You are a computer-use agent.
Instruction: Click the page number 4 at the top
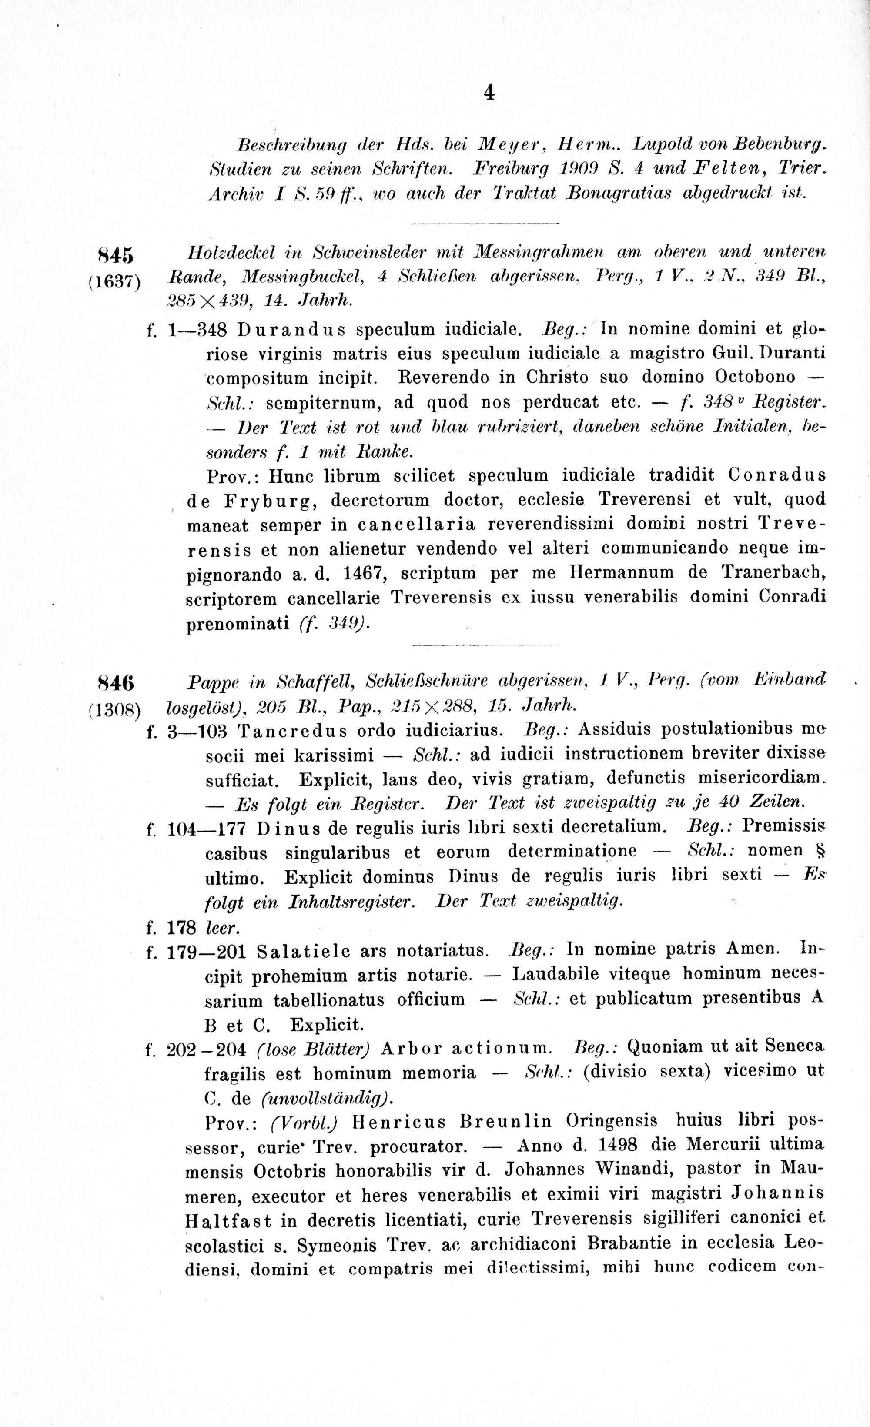click(489, 93)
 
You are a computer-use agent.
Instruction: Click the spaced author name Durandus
click(291, 330)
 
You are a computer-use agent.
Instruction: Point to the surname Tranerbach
click(773, 573)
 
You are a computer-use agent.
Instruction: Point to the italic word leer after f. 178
click(222, 928)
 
